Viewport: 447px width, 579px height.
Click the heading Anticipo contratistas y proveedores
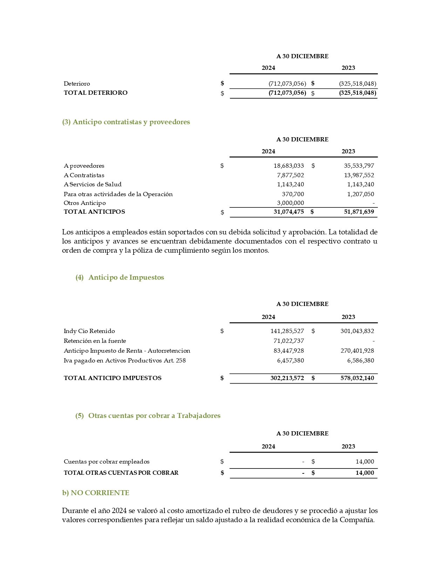tap(126, 122)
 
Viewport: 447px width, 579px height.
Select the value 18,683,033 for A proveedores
tap(289, 166)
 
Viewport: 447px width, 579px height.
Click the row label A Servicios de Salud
tap(93, 184)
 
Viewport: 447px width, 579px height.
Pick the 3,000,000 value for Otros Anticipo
tap(290, 203)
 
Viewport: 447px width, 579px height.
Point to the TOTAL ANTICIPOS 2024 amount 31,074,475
tap(289, 212)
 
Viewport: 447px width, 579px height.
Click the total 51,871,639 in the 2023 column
tap(359, 212)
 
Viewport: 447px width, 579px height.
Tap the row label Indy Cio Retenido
tap(89, 331)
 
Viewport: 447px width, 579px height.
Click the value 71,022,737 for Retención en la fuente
tap(289, 341)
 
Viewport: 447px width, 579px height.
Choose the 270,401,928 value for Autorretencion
tap(357, 351)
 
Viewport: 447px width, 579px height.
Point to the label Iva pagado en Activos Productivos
tap(124, 360)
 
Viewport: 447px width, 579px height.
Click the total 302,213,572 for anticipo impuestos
tap(287, 378)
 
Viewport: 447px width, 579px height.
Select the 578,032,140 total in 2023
tap(357, 378)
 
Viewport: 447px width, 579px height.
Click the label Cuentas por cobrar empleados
tap(107, 461)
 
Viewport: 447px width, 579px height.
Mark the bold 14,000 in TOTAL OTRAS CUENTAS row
tap(365, 473)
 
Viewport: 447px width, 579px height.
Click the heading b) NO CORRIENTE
tap(96, 493)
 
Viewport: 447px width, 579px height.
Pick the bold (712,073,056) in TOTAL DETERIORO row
tap(287, 93)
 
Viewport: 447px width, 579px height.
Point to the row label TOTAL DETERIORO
tap(95, 93)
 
